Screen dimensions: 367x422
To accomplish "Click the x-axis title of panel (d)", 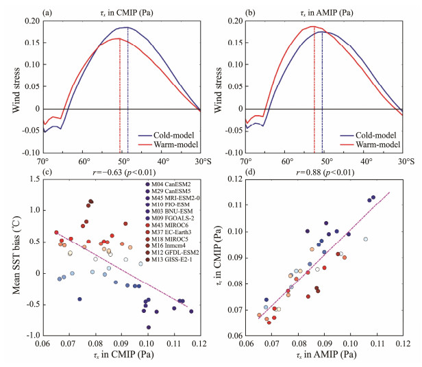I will click(324, 355).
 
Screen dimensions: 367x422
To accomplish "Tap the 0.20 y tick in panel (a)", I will click(30, 22).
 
